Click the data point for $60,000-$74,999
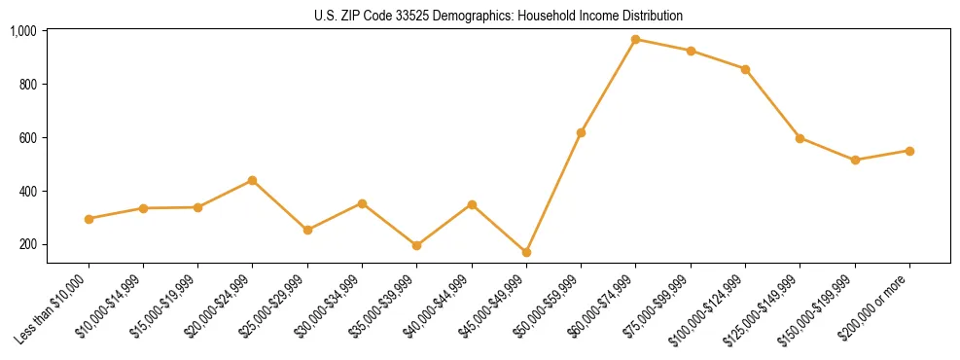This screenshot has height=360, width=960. [636, 40]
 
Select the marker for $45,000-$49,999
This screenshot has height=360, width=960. [526, 252]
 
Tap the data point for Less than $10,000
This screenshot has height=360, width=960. [89, 219]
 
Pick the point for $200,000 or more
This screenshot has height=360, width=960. [909, 151]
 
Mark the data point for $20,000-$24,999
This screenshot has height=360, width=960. [253, 180]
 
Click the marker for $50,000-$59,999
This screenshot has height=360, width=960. [581, 132]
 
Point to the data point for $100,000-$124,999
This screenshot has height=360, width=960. [745, 69]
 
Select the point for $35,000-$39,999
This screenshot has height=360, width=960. [416, 245]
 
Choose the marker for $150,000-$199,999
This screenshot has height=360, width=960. [855, 160]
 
